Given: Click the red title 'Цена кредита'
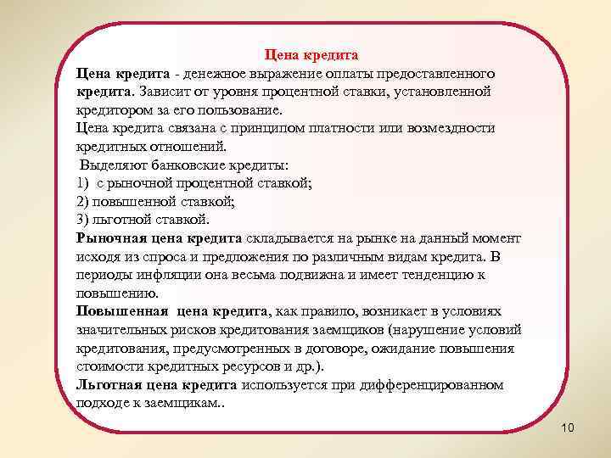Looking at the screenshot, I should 311,55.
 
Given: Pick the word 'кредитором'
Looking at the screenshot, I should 115,110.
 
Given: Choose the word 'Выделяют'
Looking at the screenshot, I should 109,165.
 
